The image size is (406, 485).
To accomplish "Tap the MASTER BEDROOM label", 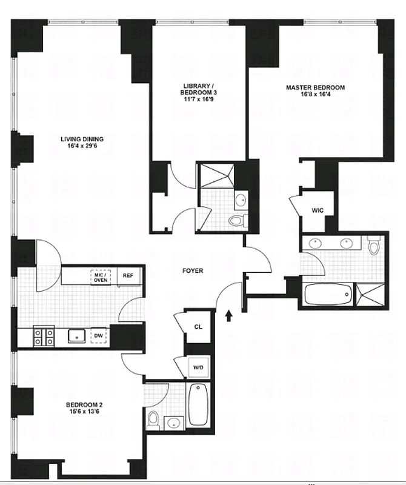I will click(315, 88).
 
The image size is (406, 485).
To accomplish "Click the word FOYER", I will click(192, 271).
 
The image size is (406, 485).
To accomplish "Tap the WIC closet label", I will click(318, 211).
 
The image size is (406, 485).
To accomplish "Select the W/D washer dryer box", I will click(198, 367).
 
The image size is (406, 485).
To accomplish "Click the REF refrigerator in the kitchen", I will click(128, 275).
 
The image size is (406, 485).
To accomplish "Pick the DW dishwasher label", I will click(98, 335).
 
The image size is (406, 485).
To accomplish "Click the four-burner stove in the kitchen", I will click(43, 336).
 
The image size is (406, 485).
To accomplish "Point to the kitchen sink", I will click(76, 335).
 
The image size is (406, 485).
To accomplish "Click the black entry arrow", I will click(228, 315).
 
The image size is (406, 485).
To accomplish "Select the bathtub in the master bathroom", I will click(327, 295).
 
